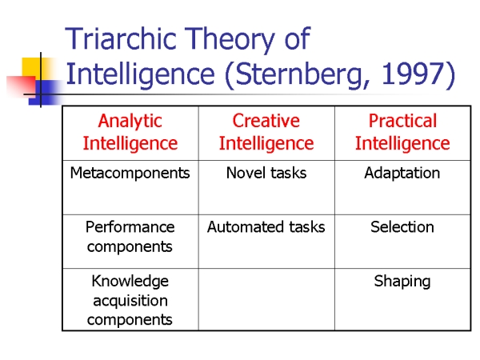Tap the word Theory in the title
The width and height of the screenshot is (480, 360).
(230, 41)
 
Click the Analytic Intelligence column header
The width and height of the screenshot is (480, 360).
(130, 132)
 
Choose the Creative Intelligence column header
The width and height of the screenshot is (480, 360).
(266, 132)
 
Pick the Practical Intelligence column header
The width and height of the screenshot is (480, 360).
(402, 132)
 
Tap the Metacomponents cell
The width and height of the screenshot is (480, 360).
(130, 173)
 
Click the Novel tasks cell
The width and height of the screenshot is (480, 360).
(266, 173)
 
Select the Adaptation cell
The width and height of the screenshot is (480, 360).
(402, 174)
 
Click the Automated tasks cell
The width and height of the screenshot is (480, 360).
(266, 227)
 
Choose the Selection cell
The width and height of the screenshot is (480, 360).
(402, 227)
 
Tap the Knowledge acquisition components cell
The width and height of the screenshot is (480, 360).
(130, 301)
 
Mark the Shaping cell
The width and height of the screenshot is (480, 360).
(402, 282)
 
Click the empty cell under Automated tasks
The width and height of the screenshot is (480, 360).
(266, 300)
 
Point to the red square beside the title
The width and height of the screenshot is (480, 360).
(21, 86)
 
